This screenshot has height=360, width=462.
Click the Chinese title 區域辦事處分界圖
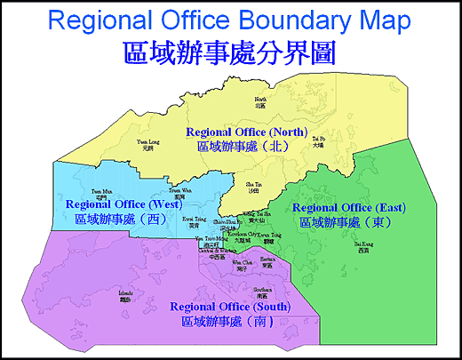pos(230,51)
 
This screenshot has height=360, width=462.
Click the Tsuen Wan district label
pos(179,193)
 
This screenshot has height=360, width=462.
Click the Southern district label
pos(262,293)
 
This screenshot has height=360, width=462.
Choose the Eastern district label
pos(268,262)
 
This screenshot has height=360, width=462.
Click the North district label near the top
pos(260,101)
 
